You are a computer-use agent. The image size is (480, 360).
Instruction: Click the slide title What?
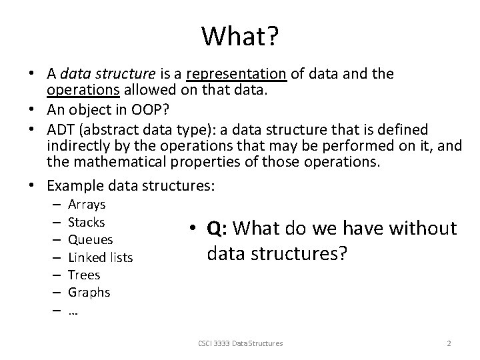tap(241, 37)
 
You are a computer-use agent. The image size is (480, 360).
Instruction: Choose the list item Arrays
tap(87, 205)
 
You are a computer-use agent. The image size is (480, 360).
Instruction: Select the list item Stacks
tap(87, 222)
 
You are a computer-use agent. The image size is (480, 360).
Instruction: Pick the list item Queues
tap(90, 239)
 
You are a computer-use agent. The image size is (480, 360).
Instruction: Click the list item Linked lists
tap(100, 257)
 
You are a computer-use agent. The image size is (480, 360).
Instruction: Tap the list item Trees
tap(84, 275)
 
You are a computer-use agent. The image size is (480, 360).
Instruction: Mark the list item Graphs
tap(89, 292)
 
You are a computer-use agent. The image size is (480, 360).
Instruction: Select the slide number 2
tap(449, 343)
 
